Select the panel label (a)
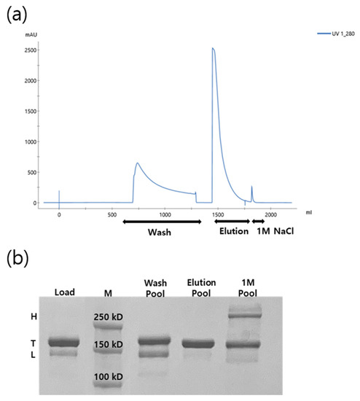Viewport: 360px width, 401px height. (x=17, y=13)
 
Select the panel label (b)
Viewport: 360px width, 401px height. (x=17, y=258)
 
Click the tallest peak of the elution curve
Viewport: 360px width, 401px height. (x=213, y=49)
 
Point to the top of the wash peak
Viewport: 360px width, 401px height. (x=138, y=163)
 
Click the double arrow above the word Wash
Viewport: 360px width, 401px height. (x=162, y=221)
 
